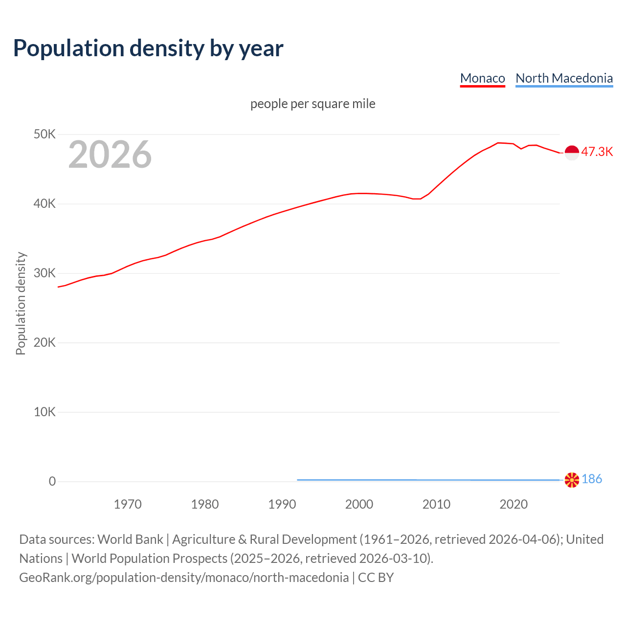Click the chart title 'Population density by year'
[148, 48]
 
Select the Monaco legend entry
[482, 78]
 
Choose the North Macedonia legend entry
[564, 78]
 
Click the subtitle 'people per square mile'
[313, 104]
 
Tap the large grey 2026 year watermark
[110, 155]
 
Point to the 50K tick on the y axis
[45, 134]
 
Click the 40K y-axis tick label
[45, 203]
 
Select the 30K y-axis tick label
[45, 273]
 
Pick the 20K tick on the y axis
[45, 342]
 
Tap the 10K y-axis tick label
[45, 412]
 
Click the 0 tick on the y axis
[52, 481]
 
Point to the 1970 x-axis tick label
[128, 504]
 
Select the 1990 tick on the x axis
[282, 504]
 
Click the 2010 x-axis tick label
[436, 504]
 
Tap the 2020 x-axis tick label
[514, 504]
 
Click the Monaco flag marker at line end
[572, 153]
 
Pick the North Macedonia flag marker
[572, 480]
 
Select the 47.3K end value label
[597, 152]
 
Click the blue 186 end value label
[592, 479]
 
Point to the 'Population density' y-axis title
[21, 303]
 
